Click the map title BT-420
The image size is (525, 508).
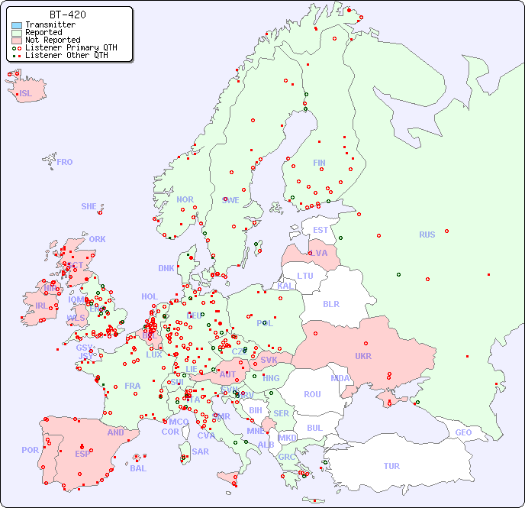[67, 15]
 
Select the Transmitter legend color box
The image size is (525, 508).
[17, 25]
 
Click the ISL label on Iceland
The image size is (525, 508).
[26, 94]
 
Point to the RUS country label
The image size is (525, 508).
[427, 235]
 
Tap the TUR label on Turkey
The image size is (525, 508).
[391, 466]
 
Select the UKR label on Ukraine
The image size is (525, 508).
[362, 356]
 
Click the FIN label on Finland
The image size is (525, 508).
[319, 163]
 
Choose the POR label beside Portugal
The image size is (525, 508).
[30, 450]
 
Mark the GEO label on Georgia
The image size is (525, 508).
[463, 432]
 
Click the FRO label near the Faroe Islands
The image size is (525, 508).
[65, 162]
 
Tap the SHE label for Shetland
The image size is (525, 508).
[89, 206]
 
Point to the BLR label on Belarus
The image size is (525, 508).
[330, 303]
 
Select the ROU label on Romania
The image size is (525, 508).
[312, 394]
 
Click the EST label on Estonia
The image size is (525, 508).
[320, 230]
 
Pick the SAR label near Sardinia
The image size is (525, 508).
[201, 451]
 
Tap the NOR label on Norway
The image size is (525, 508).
[185, 199]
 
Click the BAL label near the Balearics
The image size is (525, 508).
[138, 468]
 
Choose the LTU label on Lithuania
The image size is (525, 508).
[305, 276]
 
